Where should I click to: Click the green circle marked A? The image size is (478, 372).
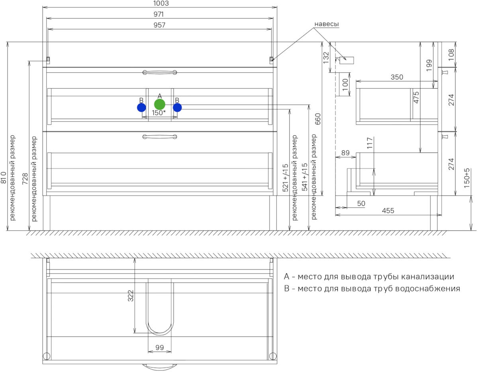(x=159, y=104)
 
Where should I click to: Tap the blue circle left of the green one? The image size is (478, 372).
(x=141, y=108)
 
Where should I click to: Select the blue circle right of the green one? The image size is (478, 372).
(x=177, y=108)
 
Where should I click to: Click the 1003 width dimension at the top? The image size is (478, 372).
(x=161, y=3)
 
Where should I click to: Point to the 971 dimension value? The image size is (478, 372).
(x=159, y=14)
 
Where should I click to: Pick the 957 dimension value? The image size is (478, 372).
(x=159, y=25)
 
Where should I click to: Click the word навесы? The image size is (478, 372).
(x=327, y=24)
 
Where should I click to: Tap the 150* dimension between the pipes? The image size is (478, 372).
(x=159, y=113)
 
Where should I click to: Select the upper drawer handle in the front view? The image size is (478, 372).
(x=160, y=72)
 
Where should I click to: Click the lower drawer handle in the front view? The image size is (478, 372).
(x=160, y=137)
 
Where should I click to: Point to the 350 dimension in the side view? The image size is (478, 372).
(x=397, y=77)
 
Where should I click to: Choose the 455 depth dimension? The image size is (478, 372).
(x=388, y=211)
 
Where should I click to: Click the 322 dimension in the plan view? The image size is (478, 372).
(x=131, y=296)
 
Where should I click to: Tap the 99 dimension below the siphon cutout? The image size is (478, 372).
(x=159, y=348)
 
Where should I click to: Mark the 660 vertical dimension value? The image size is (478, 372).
(x=318, y=119)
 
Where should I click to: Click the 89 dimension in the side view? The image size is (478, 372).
(x=345, y=153)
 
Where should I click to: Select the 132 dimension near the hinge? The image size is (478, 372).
(x=326, y=58)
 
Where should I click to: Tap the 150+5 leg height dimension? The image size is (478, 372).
(x=466, y=178)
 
